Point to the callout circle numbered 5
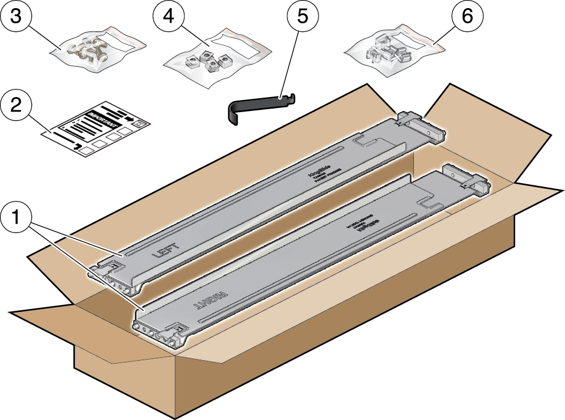[302, 18]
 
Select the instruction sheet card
[96, 130]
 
